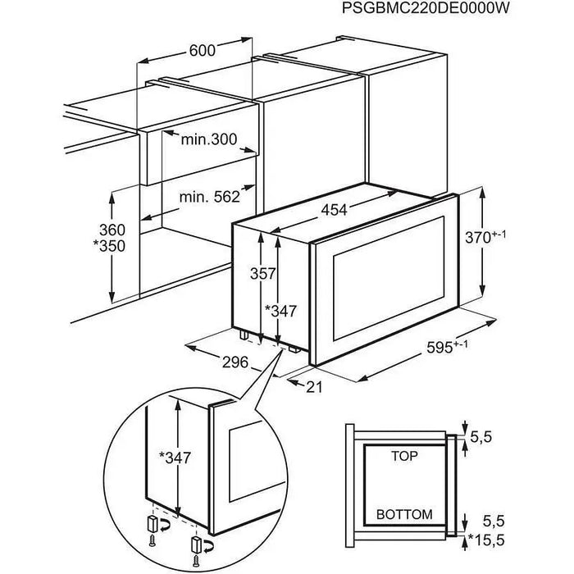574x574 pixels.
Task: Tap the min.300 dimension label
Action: click(x=209, y=140)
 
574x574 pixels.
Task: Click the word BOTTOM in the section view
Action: click(x=403, y=514)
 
